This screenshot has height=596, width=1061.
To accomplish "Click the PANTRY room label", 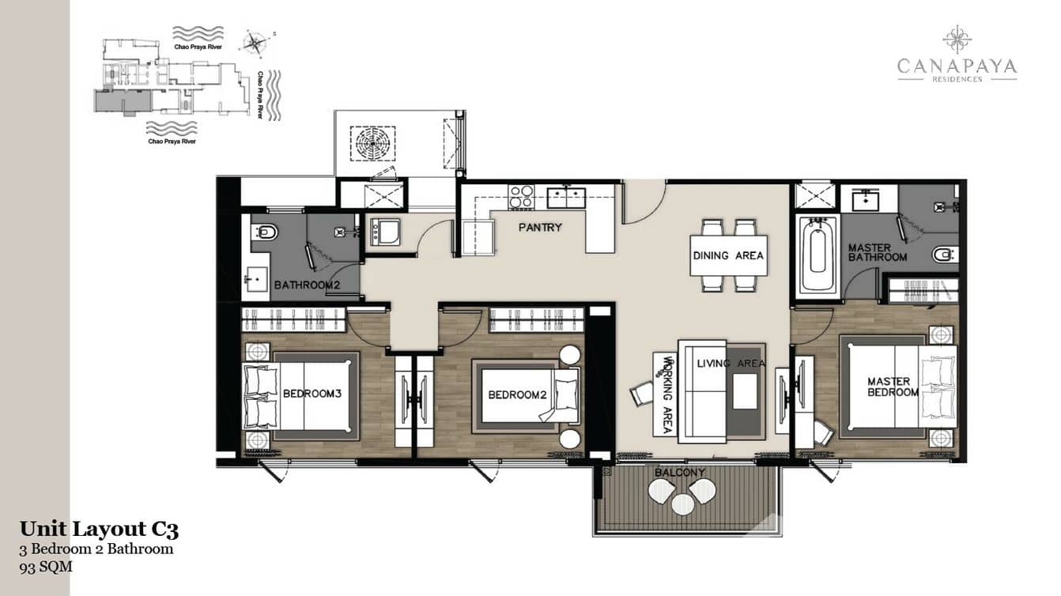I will (x=540, y=228).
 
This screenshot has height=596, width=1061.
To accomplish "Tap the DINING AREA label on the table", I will (x=728, y=255).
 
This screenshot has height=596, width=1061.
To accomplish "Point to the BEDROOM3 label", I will (x=312, y=393).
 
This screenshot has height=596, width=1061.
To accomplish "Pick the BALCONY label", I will (x=679, y=473).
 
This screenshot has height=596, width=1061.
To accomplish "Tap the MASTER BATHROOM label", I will (x=877, y=252).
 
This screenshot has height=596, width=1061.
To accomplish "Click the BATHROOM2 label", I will (x=307, y=285).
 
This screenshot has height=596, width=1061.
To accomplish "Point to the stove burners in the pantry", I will (x=521, y=196).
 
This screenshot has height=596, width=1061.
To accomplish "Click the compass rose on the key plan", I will (x=254, y=43).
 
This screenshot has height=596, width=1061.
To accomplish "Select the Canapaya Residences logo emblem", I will (x=957, y=39).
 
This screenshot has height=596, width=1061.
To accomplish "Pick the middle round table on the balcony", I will (x=682, y=504).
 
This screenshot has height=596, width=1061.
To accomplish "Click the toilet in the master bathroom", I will (x=942, y=255).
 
